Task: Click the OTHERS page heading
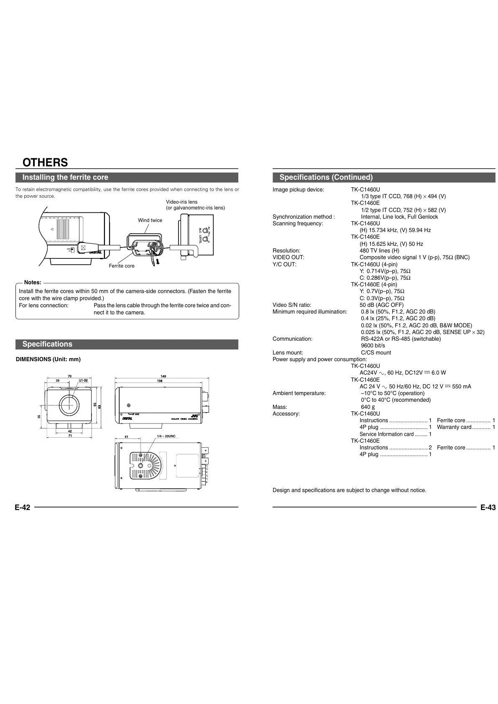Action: coord(45,162)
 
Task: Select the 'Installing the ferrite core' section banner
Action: coord(65,177)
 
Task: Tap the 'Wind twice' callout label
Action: coord(150,220)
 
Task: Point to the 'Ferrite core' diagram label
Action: coord(122,266)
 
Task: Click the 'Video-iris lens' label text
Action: coord(181,202)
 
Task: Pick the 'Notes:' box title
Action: coord(33,283)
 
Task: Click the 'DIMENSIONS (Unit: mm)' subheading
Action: coord(48,359)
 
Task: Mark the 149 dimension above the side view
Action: coord(163,376)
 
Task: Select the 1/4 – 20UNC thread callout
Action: coord(166,436)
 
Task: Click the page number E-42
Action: coord(23,508)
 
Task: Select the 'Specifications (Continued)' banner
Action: coord(326,177)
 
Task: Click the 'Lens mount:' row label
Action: coord(288,352)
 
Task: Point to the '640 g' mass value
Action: coord(368,407)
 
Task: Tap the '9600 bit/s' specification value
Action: coord(373,346)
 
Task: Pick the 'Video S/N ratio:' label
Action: coord(292,305)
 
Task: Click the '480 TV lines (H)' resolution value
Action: coord(379,250)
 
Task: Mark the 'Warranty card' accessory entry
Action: coord(454,427)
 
